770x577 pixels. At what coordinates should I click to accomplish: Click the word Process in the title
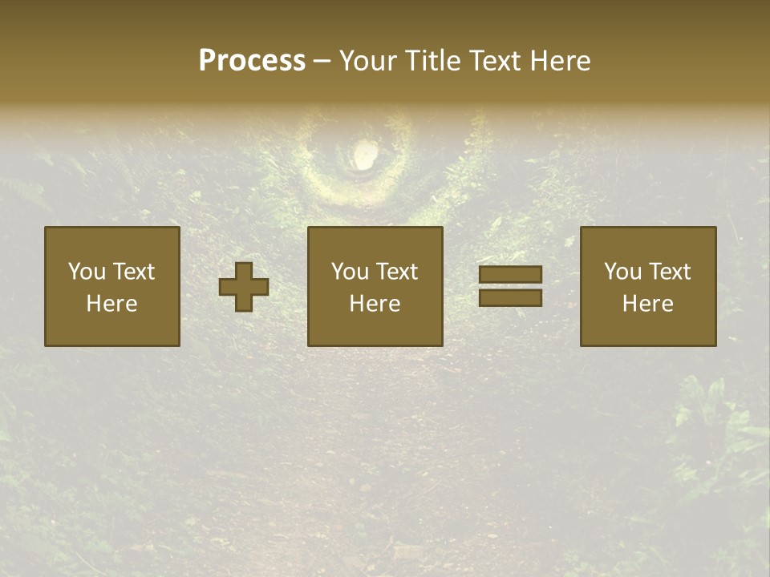point(252,61)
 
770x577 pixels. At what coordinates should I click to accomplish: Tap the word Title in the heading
point(433,61)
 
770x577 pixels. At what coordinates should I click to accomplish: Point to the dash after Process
point(322,62)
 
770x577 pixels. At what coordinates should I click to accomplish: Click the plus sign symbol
point(244,287)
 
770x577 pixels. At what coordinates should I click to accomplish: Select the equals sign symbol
point(510,286)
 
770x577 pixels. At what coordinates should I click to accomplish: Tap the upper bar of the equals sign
point(510,275)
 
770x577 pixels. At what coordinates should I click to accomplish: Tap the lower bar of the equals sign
point(510,297)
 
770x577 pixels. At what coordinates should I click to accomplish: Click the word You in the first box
point(87,272)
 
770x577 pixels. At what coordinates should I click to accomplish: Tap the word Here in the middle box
point(375,304)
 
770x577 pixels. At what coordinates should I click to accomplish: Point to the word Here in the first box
point(111,304)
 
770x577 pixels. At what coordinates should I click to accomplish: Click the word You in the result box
point(622,272)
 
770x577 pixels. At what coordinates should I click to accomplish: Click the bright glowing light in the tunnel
point(363,154)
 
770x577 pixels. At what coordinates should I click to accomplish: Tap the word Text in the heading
point(491,61)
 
